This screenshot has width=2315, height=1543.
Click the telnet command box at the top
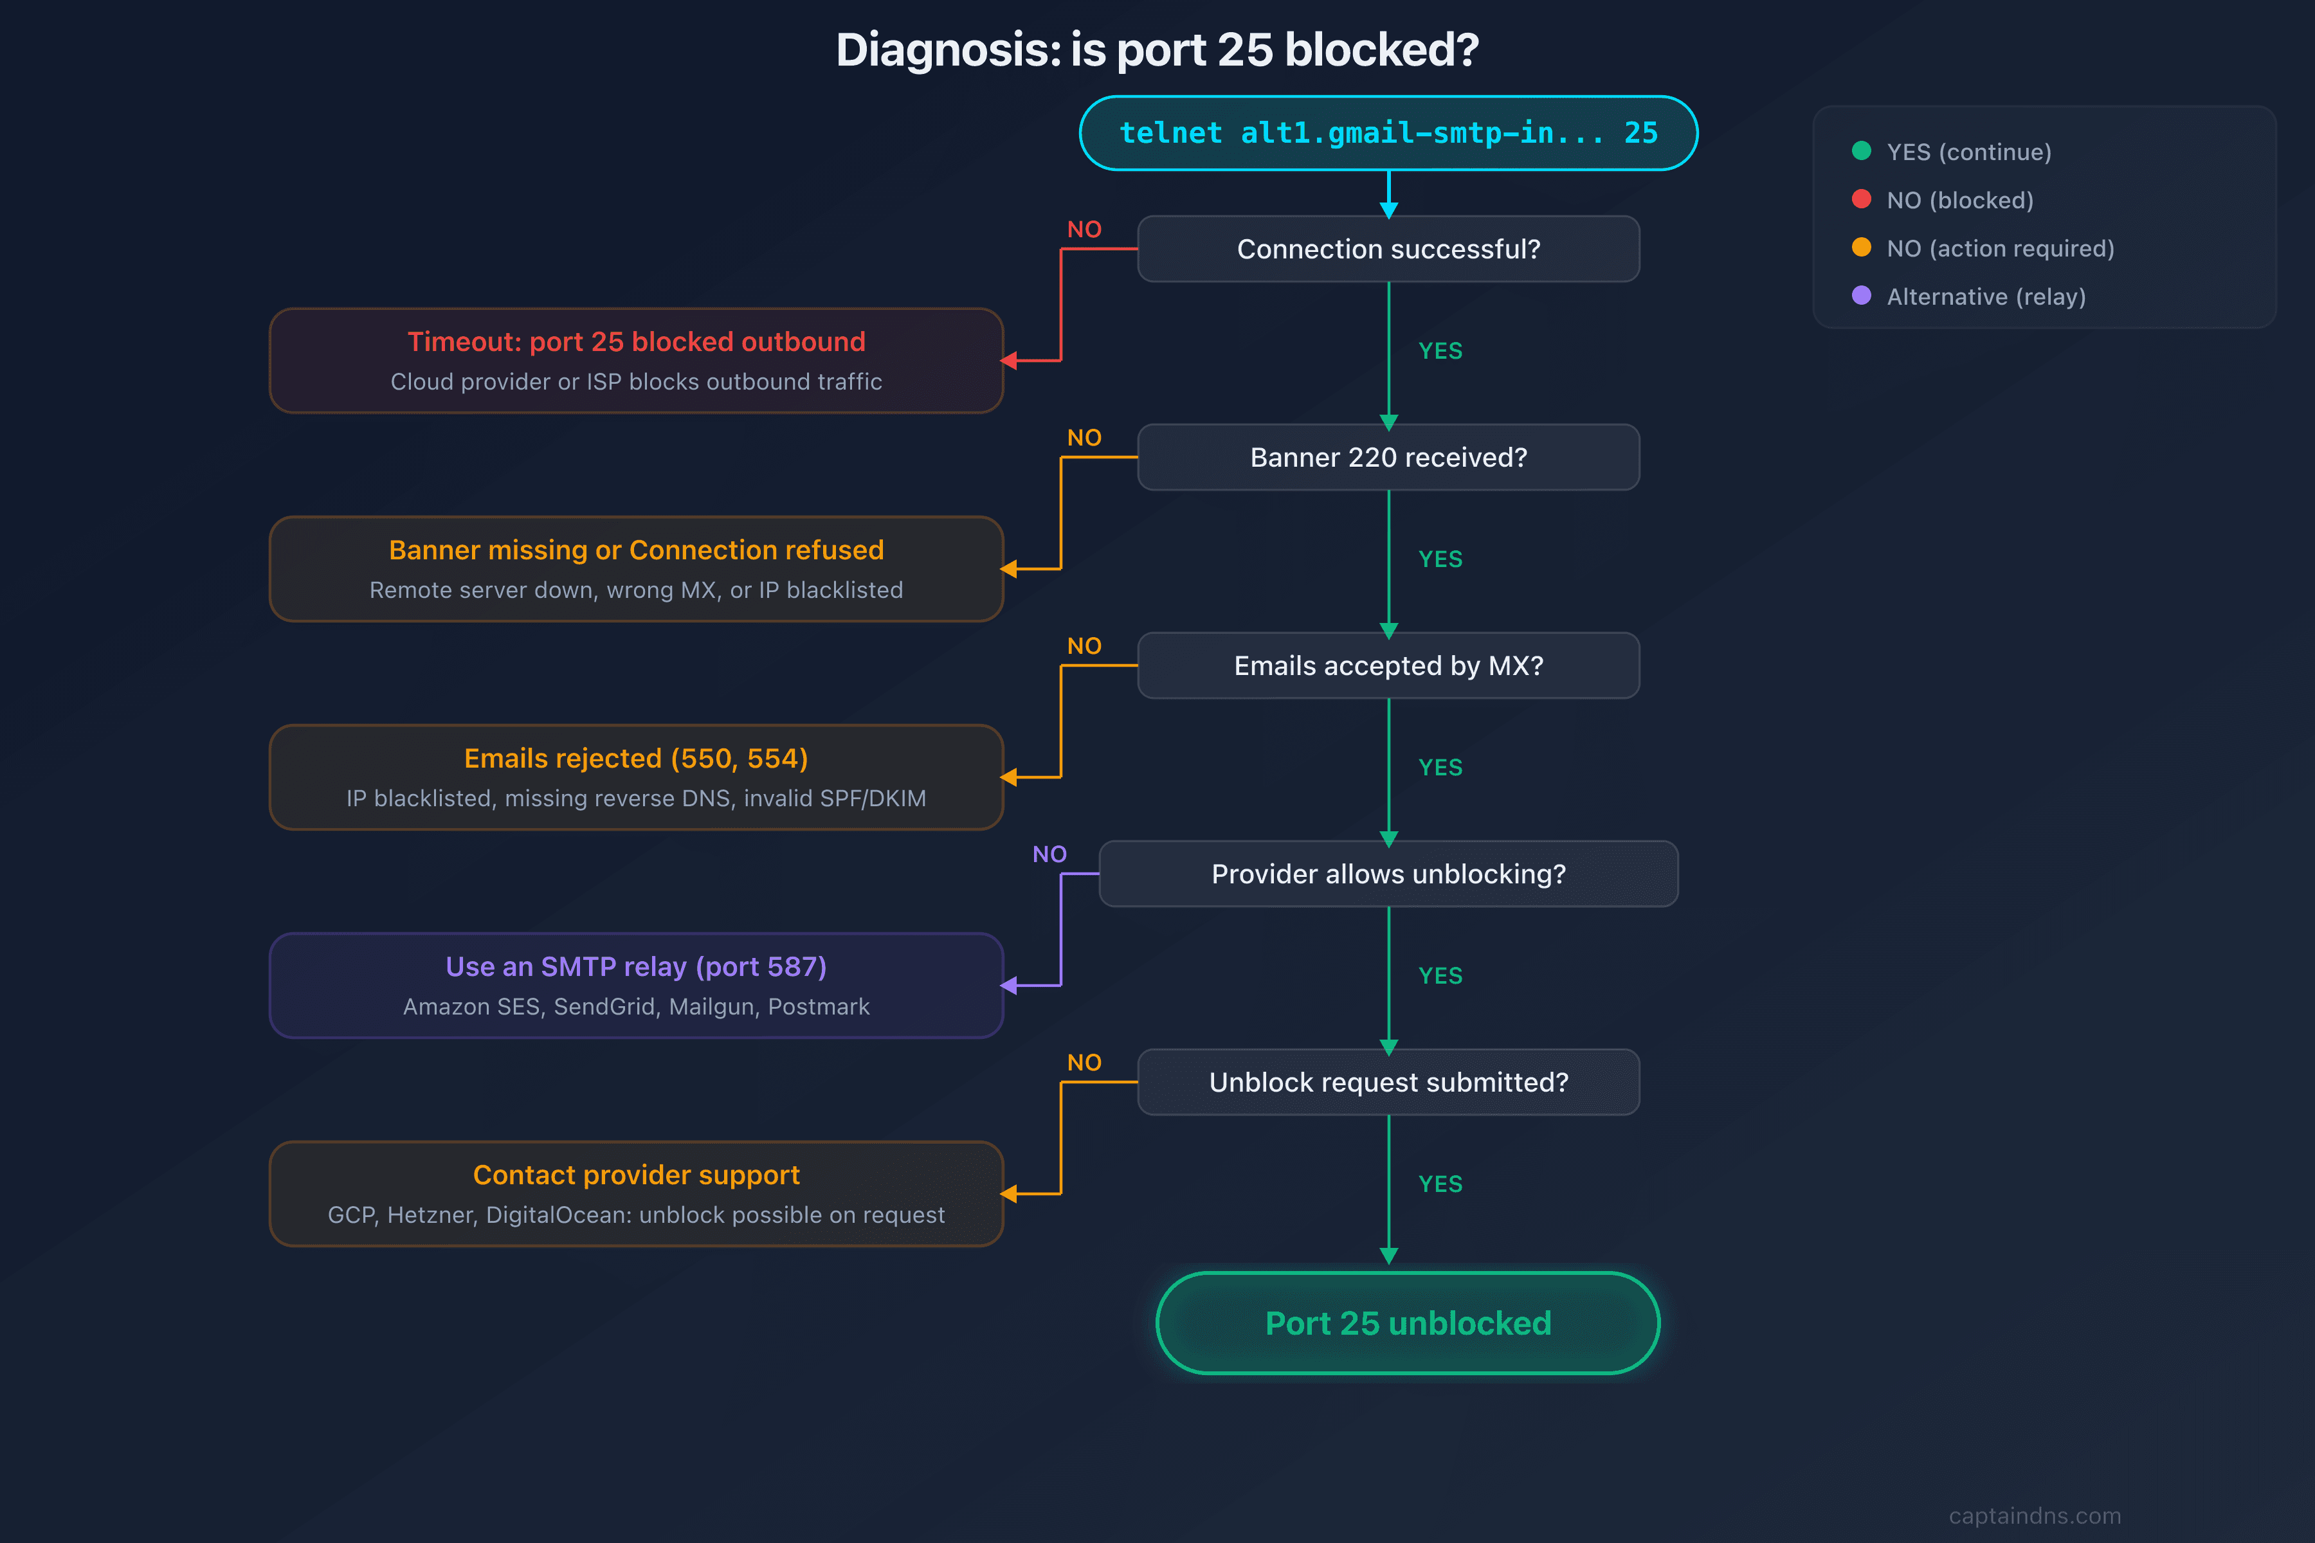point(1388,133)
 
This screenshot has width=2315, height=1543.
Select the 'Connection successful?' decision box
point(1388,249)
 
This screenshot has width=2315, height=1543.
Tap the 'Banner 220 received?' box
point(1388,458)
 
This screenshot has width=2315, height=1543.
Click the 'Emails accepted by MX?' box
point(1388,666)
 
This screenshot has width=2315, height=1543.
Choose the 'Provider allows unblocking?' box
point(1388,874)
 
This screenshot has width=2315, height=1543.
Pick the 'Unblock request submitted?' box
point(1388,1083)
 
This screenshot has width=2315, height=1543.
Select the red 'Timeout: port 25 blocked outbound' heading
point(636,341)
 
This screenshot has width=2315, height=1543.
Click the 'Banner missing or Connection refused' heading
point(636,550)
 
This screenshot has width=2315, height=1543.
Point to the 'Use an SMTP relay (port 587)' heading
point(636,966)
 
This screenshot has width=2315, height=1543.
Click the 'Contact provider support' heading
point(636,1175)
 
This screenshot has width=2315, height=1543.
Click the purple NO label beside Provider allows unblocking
point(1049,854)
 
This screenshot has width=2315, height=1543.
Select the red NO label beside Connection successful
point(1084,230)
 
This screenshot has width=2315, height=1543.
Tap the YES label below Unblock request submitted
point(1440,1184)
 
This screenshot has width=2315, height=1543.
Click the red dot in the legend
point(1861,199)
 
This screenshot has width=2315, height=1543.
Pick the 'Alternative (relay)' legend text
point(1985,296)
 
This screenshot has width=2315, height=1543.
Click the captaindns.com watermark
point(2035,1515)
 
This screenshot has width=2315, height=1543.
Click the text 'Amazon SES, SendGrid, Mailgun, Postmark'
point(636,1007)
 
